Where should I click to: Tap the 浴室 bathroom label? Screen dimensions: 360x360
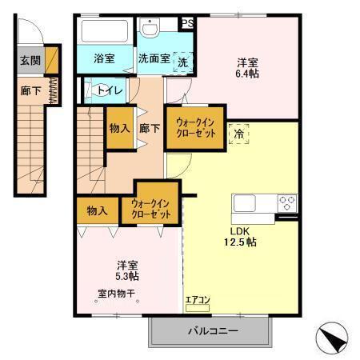104,58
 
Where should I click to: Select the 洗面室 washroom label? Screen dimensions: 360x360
153,58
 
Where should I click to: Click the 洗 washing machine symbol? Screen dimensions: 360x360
182,62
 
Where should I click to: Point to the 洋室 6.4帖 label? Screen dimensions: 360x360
247,67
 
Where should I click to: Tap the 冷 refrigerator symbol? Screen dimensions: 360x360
238,134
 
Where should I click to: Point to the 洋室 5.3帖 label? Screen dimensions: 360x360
127,270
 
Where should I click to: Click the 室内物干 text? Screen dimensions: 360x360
118,293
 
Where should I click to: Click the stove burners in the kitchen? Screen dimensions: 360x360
287,203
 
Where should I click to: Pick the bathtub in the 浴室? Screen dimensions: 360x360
105,33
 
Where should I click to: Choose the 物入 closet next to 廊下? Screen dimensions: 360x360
120,128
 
